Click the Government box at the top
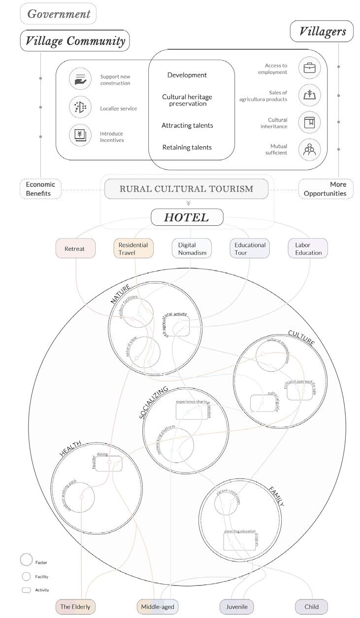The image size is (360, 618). tap(58, 14)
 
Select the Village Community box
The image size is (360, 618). tap(75, 40)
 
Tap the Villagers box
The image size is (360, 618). tap(322, 32)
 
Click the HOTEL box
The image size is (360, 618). tap(187, 217)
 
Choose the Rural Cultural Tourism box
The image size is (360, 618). tap(186, 189)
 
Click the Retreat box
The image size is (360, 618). tap(75, 248)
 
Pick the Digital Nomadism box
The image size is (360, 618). tap(192, 248)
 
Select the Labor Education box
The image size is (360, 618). tap(308, 248)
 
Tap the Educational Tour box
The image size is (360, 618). tap(250, 248)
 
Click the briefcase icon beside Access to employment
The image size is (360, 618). tap(309, 68)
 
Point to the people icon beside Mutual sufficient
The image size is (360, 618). tap(309, 150)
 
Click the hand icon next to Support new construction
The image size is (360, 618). tap(80, 79)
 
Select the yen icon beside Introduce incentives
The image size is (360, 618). tap(80, 135)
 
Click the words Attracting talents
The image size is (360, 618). tap(187, 126)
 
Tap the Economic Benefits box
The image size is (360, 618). tap(41, 189)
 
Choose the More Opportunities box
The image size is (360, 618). tap(326, 189)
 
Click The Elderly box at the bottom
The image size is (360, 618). tap(75, 607)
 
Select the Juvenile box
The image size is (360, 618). tap(237, 607)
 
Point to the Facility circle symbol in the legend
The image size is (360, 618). tap(26, 577)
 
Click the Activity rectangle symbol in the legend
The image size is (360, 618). tap(26, 590)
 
